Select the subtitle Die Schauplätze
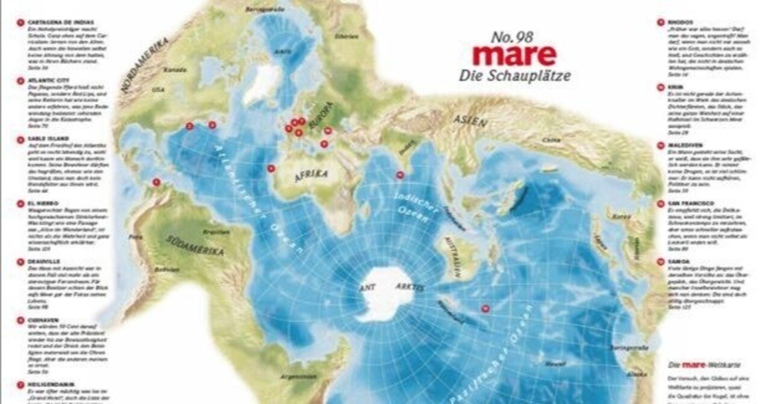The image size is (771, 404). [x=514, y=76]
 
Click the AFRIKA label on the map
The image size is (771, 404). [x=311, y=175]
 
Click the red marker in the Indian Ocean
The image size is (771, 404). [x=400, y=175]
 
